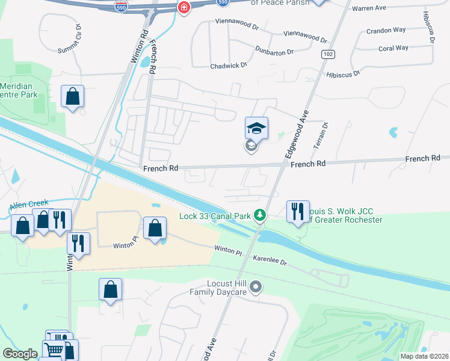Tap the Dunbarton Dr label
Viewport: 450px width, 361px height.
click(x=274, y=51)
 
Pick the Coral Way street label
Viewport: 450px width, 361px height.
click(x=393, y=48)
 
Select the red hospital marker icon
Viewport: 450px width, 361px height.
click(x=183, y=7)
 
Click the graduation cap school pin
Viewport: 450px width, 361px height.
click(x=256, y=128)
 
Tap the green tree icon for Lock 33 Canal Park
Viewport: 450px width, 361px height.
click(x=259, y=215)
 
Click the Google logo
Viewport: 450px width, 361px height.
click(x=20, y=354)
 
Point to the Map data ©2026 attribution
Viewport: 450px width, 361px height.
click(x=424, y=356)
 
